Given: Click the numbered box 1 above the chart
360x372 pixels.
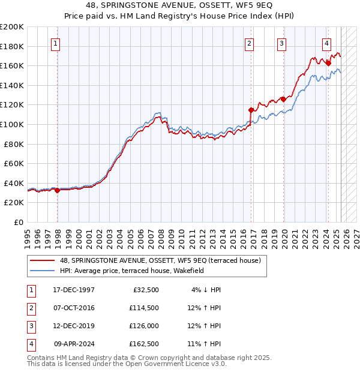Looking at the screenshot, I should point(55,43).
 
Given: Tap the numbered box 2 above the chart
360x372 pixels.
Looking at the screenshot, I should point(249,43).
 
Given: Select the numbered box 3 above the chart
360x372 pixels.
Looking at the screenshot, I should point(281,43).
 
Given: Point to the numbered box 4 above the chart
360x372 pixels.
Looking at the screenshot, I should point(326,43).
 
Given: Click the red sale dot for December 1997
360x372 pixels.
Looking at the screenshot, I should point(58,190).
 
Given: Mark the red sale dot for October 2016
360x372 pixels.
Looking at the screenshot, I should point(251,110).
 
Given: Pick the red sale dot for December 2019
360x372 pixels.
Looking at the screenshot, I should point(284,99).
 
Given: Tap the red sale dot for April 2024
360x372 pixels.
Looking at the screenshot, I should point(329,63).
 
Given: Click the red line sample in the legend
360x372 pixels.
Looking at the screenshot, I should point(43,261).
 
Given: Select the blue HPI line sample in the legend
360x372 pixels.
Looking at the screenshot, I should point(43,271).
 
